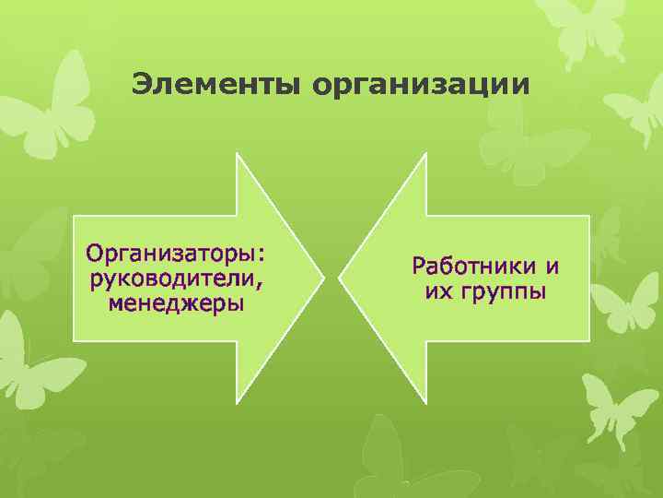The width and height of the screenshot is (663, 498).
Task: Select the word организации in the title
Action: pyautogui.click(x=421, y=84)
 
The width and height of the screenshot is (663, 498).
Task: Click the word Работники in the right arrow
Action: pyautogui.click(x=475, y=267)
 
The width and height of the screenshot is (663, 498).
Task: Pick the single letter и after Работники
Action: pyautogui.click(x=552, y=267)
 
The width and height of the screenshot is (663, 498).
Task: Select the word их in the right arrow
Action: pyautogui.click(x=436, y=292)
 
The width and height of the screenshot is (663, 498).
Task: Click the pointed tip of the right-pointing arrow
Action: pyautogui.click(x=324, y=278)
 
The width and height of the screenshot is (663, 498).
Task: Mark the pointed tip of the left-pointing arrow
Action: pyautogui.click(x=340, y=278)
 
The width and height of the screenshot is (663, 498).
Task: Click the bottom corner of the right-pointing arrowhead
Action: pyautogui.click(x=238, y=402)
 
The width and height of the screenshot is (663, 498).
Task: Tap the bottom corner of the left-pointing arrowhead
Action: pyautogui.click(x=426, y=402)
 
